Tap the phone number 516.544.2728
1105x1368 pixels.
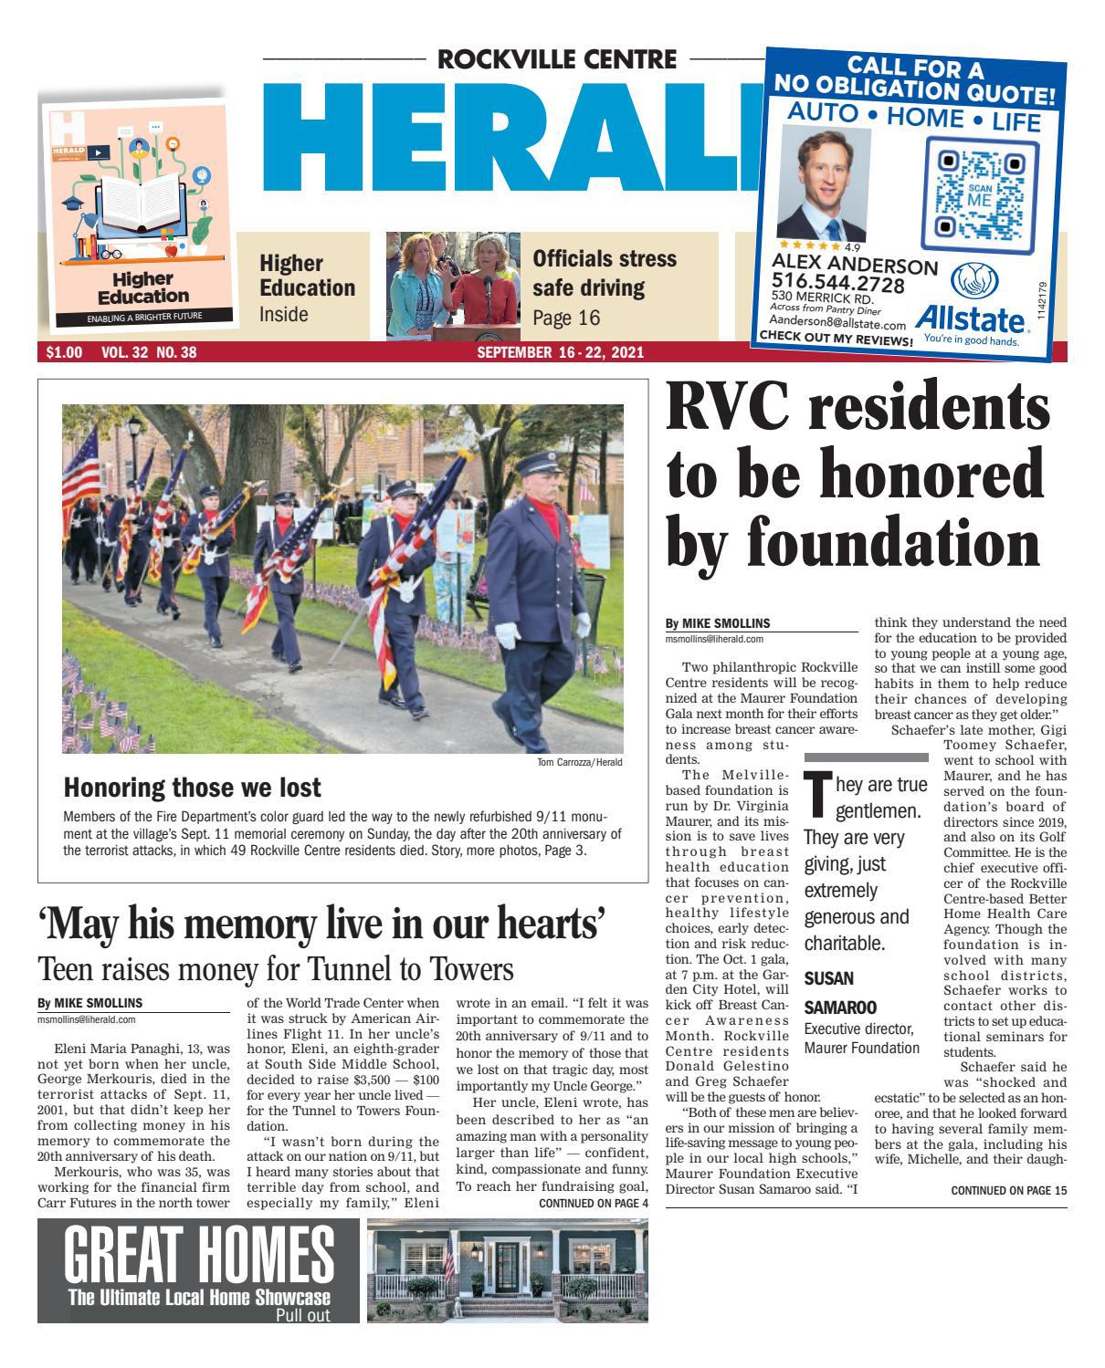pos(838,284)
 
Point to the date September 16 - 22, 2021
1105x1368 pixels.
pos(561,352)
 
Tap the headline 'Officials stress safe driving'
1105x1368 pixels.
pos(605,274)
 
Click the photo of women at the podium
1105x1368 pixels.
pos(452,286)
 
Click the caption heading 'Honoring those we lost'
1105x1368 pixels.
pos(192,787)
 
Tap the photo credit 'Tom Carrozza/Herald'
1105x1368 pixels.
pos(578,762)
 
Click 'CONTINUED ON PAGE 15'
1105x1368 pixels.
pos(1008,1190)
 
